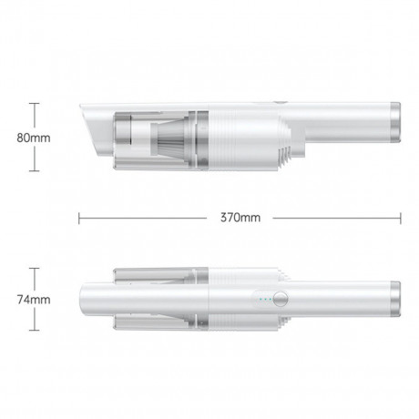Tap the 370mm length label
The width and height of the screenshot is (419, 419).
(x=240, y=218)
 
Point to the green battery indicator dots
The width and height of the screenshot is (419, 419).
(x=262, y=298)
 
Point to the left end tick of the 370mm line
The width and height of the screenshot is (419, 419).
(x=80, y=218)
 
